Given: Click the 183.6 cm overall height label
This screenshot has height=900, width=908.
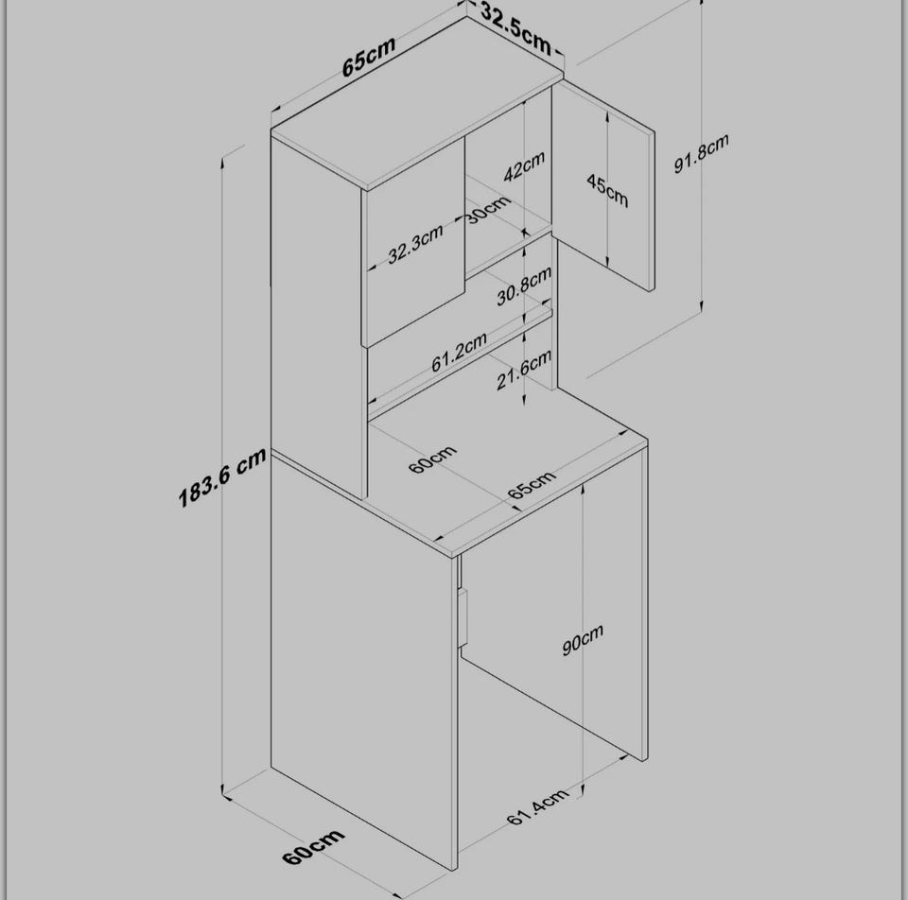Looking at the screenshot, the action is (x=222, y=477).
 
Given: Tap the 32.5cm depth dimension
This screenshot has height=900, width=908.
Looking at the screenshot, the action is (x=515, y=34).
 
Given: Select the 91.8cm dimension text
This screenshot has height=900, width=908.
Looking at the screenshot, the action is (x=701, y=153).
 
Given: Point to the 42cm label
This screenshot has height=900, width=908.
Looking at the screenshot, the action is (x=524, y=166).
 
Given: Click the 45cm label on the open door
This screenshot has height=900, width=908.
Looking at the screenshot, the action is (x=607, y=190).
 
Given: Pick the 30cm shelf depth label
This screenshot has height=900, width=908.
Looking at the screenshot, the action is (x=488, y=209).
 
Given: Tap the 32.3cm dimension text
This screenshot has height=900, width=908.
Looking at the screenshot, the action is (x=415, y=244).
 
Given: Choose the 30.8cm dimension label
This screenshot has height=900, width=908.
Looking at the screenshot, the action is (x=523, y=286).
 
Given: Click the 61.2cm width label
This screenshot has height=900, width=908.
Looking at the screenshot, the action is (x=459, y=353).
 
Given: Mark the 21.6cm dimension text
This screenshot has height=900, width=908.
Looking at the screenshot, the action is (x=523, y=371).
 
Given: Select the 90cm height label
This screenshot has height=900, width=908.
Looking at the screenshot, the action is (x=583, y=640).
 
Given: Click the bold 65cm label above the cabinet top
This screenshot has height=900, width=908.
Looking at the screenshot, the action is (x=368, y=56).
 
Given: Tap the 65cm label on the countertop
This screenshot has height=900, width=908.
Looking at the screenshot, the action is (x=532, y=485).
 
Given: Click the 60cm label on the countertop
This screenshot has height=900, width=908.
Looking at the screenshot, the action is (x=432, y=459).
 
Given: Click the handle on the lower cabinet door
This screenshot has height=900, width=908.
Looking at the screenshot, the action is (x=463, y=617).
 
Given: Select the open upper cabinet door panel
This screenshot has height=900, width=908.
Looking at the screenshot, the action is (x=602, y=185).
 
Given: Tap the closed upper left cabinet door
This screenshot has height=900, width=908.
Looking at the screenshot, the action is (x=413, y=242).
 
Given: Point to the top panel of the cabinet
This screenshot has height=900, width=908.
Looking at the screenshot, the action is (x=416, y=102).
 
